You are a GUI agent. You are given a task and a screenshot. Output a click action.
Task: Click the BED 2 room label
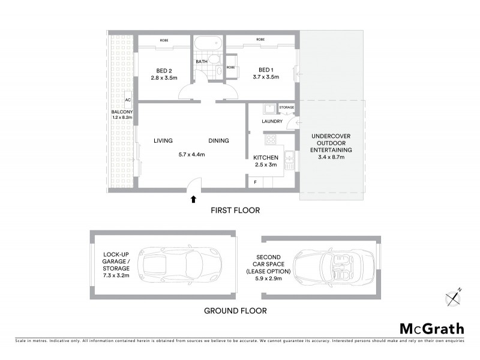pyautogui.click(x=164, y=70)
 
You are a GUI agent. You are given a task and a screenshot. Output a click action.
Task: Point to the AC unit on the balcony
pyautogui.click(x=128, y=100)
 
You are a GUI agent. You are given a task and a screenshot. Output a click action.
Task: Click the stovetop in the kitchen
pyautogui.click(x=270, y=139)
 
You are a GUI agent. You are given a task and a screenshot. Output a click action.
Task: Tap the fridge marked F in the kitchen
pyautogui.click(x=256, y=181)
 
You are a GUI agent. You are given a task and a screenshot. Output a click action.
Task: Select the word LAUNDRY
pyautogui.click(x=272, y=121)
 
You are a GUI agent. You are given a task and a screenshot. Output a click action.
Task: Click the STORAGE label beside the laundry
pyautogui.click(x=287, y=107)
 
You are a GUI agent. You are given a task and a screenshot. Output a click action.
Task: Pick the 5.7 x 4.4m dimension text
pyautogui.click(x=192, y=154)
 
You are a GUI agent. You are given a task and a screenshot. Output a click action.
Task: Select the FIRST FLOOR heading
pyautogui.click(x=235, y=210)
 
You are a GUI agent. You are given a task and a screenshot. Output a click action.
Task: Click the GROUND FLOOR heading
pyautogui.click(x=235, y=311)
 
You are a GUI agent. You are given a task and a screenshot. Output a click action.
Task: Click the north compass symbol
pyautogui.click(x=454, y=297)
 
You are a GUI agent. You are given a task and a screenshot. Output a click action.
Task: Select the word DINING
pyautogui.click(x=218, y=141)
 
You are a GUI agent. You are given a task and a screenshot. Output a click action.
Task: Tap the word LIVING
pyautogui.click(x=163, y=141)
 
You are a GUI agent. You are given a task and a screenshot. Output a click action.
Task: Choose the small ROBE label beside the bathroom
pyautogui.click(x=230, y=68)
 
